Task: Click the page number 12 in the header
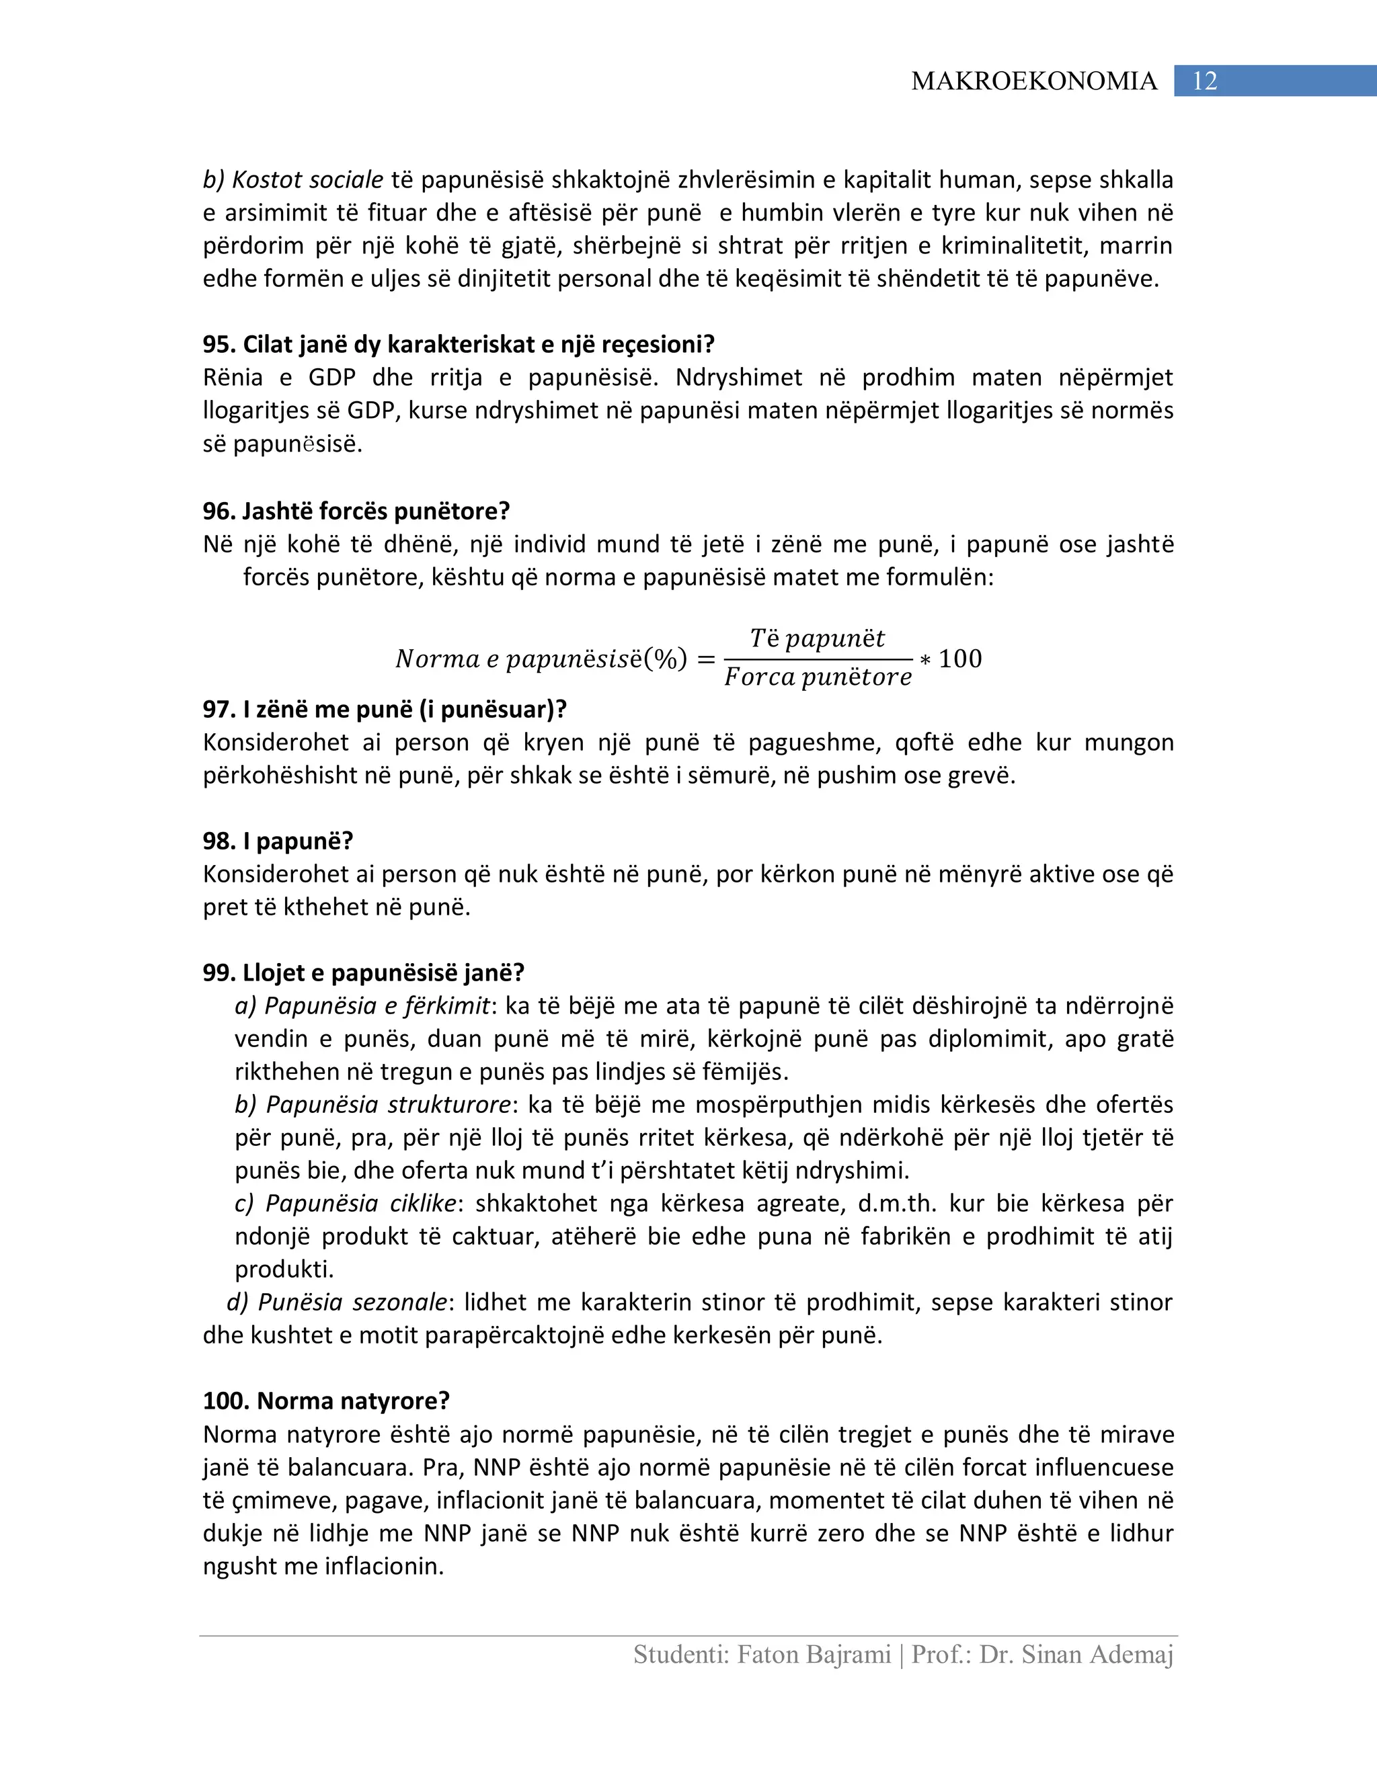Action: [1204, 81]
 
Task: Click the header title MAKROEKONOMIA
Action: [1033, 81]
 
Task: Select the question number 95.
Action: [219, 344]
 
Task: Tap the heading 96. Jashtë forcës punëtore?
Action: [356, 511]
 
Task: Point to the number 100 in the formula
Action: [960, 658]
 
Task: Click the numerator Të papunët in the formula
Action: [818, 638]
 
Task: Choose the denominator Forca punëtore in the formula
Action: [818, 677]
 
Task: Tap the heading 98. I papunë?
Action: [278, 841]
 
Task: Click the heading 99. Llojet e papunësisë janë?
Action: [363, 973]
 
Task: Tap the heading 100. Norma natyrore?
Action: [325, 1401]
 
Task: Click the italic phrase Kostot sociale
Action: [307, 179]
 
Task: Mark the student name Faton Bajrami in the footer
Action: [814, 1655]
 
